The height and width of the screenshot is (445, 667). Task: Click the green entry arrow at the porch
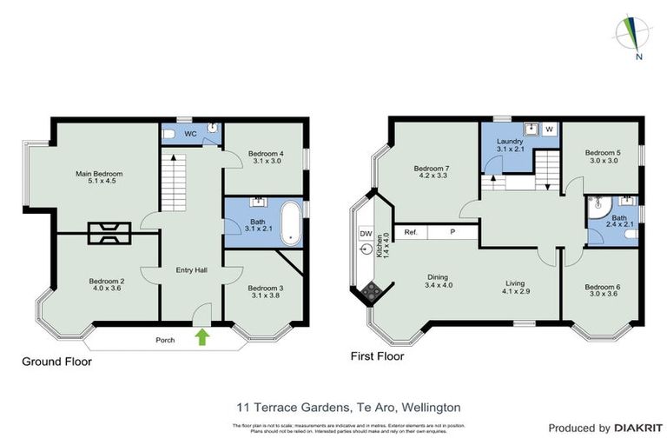pyautogui.click(x=202, y=337)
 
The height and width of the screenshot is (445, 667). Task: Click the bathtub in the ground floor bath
pyautogui.click(x=290, y=223)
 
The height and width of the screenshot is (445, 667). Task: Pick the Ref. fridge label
pyautogui.click(x=411, y=232)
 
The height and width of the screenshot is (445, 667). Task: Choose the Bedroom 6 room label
pyautogui.click(x=601, y=292)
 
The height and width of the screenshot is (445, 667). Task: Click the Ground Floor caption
pyautogui.click(x=56, y=361)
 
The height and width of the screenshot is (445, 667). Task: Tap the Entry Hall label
pyautogui.click(x=191, y=270)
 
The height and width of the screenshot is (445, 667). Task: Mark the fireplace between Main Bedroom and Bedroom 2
pyautogui.click(x=109, y=232)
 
